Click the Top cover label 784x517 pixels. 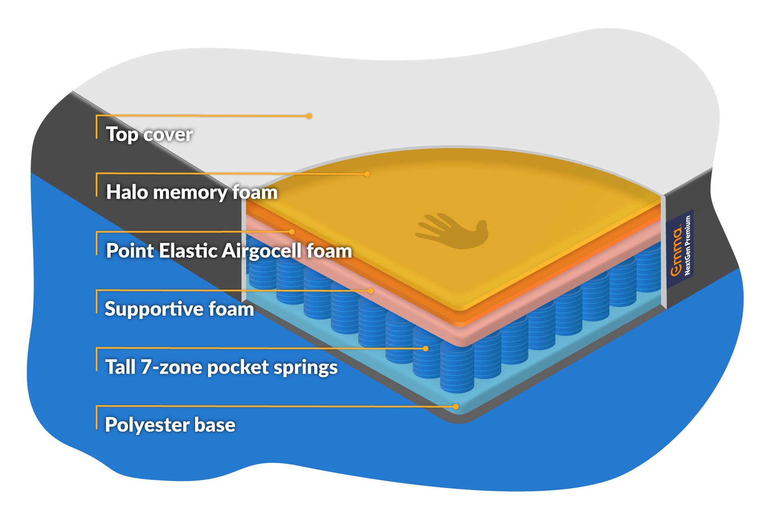pos(149,134)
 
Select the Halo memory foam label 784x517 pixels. pos(191,192)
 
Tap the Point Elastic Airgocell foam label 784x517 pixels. pos(229,251)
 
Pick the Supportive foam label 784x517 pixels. pos(179,309)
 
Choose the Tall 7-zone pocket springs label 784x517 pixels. pos(221,367)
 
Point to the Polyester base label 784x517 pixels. pos(170,425)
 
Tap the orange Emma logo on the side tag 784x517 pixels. pos(677,252)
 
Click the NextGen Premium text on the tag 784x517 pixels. pos(688,245)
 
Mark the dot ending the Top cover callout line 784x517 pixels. pos(309,116)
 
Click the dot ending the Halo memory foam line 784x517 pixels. pos(367,174)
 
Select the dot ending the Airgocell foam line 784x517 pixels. pos(292,232)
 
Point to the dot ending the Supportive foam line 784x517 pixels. pos(371,291)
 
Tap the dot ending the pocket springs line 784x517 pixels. pos(426,348)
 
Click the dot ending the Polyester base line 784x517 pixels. pos(456,407)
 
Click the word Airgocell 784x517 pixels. pos(262,251)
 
